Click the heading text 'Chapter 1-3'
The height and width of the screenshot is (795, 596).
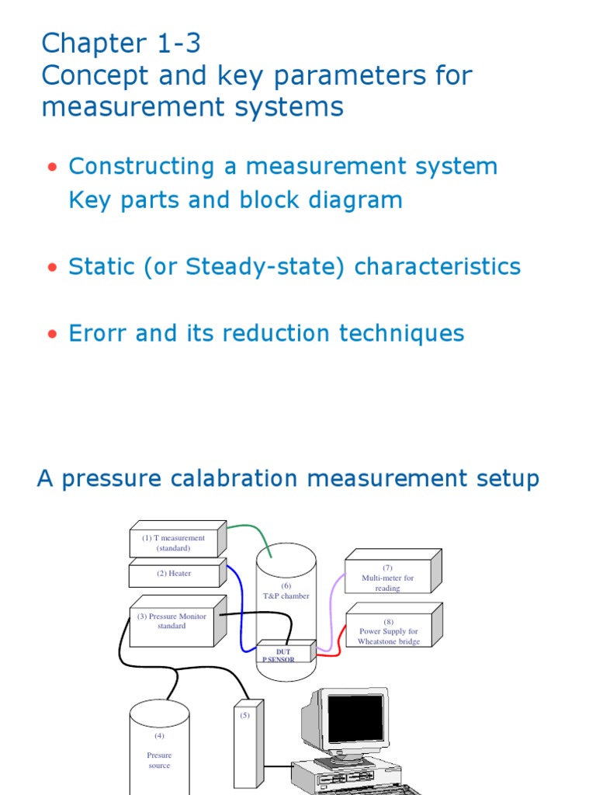click(121, 43)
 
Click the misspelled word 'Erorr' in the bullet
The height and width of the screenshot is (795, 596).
click(98, 334)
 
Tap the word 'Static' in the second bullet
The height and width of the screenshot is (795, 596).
click(102, 267)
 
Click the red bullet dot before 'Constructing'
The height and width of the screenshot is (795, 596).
click(52, 168)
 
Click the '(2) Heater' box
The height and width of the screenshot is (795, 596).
click(174, 575)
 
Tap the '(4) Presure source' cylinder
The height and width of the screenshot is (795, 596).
click(158, 749)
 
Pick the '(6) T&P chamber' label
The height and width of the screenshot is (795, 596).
click(286, 591)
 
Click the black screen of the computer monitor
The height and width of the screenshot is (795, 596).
click(355, 719)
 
